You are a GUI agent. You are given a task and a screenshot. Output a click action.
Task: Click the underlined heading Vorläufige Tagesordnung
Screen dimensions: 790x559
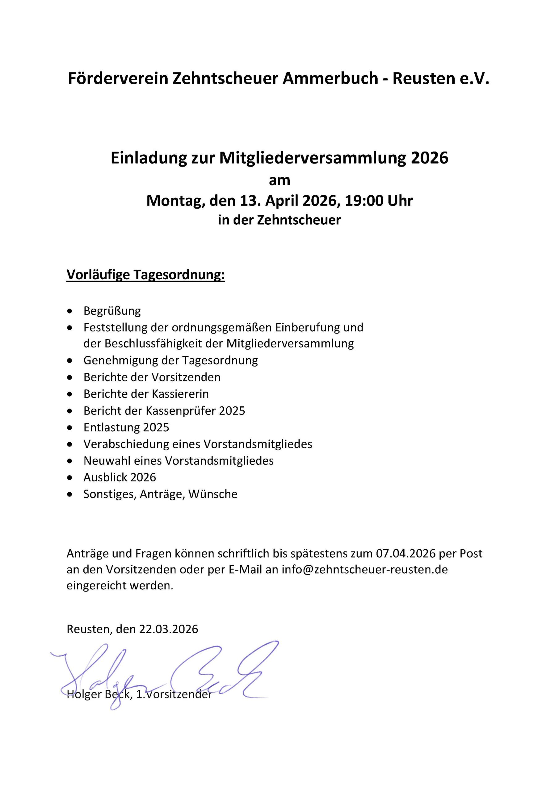point(145,275)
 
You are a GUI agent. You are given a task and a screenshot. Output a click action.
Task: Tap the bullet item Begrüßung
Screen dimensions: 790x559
point(112,311)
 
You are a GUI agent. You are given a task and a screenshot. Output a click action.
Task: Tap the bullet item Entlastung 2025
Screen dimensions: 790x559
point(126,427)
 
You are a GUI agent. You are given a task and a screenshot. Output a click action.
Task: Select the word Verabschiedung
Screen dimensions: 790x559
point(126,444)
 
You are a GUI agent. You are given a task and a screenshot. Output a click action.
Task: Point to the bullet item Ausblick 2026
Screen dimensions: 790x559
point(120,477)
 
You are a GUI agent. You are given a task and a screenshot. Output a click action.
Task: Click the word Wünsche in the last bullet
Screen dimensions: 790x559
point(213,494)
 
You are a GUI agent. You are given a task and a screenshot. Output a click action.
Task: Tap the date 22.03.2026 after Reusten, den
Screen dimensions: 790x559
point(168,629)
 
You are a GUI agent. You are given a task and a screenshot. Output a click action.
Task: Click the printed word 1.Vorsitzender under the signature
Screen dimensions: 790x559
point(174,694)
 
